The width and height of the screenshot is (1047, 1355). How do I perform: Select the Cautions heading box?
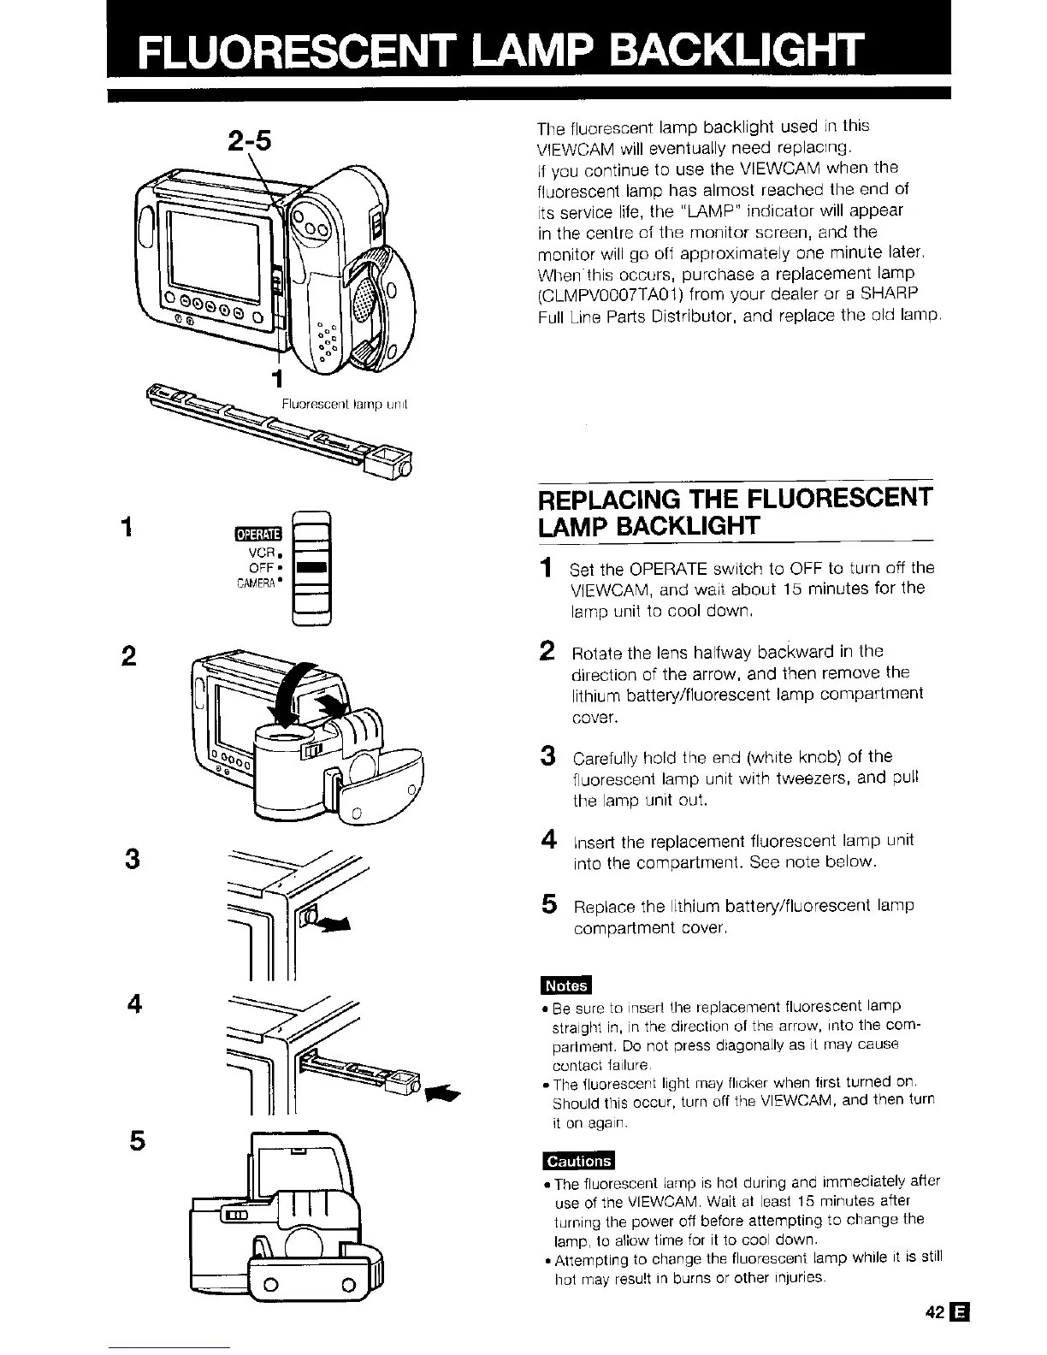click(579, 1161)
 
